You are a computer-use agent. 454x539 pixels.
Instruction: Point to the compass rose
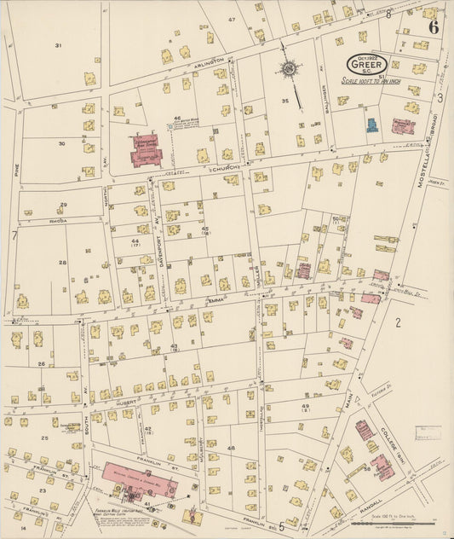click(x=290, y=68)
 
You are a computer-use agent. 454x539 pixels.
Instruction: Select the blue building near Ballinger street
click(x=372, y=125)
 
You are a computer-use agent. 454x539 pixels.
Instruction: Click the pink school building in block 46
click(x=146, y=149)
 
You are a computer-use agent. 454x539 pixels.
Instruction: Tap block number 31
click(x=58, y=45)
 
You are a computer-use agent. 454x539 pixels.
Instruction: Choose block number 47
click(x=231, y=19)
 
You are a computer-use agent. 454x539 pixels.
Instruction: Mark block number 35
click(x=286, y=101)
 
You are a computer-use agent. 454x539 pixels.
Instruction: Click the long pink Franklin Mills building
click(x=141, y=480)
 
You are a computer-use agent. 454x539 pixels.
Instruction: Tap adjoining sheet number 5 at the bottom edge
click(x=281, y=526)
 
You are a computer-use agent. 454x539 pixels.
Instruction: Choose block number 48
click(x=231, y=447)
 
